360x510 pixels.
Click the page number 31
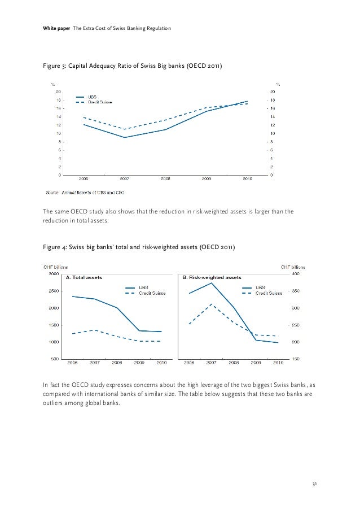tap(314, 484)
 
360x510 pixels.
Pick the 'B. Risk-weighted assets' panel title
tap(212, 277)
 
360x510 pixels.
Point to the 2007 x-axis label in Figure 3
tap(125, 178)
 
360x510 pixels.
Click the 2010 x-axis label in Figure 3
tap(247, 178)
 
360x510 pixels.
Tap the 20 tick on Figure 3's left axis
tap(58, 91)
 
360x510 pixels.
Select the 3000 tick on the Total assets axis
tap(54, 274)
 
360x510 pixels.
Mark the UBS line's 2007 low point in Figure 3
tap(125, 137)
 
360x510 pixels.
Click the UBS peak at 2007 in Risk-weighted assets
tap(211, 282)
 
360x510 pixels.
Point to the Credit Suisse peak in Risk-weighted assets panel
tap(211, 304)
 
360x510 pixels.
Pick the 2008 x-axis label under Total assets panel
tap(117, 362)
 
